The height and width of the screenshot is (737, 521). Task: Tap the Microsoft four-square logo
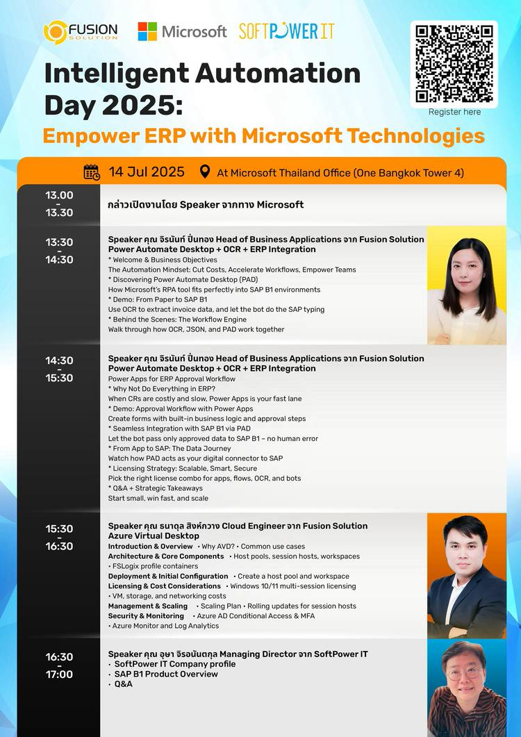pyautogui.click(x=147, y=31)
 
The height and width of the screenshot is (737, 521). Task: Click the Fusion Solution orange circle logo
pyautogui.click(x=56, y=33)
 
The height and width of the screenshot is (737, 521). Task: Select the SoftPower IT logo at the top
pyautogui.click(x=286, y=31)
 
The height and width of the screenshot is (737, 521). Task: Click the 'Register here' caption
pyautogui.click(x=454, y=112)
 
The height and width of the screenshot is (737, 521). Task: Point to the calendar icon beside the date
pyautogui.click(x=92, y=172)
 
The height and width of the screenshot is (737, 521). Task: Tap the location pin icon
pyautogui.click(x=204, y=172)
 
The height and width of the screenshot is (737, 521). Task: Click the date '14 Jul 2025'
pyautogui.click(x=147, y=172)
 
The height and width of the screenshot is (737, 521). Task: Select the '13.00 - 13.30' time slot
pyautogui.click(x=59, y=204)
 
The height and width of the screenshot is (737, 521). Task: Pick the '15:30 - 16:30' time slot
pyautogui.click(x=59, y=537)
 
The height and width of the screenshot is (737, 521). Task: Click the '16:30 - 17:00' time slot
pyautogui.click(x=59, y=665)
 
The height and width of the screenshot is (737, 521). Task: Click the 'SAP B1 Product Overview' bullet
pyautogui.click(x=166, y=674)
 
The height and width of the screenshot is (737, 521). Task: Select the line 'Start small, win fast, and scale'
pyautogui.click(x=158, y=498)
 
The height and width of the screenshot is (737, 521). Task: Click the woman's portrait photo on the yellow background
pyautogui.click(x=466, y=285)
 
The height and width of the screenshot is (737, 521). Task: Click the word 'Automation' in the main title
pyautogui.click(x=278, y=74)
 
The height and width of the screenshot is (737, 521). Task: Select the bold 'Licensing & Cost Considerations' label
pyautogui.click(x=164, y=586)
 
